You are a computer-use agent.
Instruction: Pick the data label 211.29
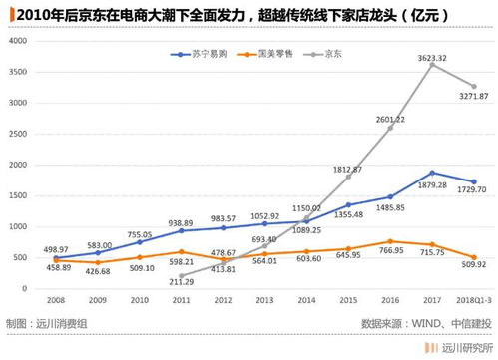pos(180,282)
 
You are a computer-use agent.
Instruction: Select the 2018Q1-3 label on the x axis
pos(473,299)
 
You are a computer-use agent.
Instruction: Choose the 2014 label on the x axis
pos(306,299)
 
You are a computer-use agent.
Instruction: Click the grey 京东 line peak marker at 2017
pos(431,65)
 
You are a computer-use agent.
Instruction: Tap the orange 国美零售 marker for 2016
pos(389,241)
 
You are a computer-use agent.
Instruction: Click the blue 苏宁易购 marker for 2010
pos(140,242)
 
